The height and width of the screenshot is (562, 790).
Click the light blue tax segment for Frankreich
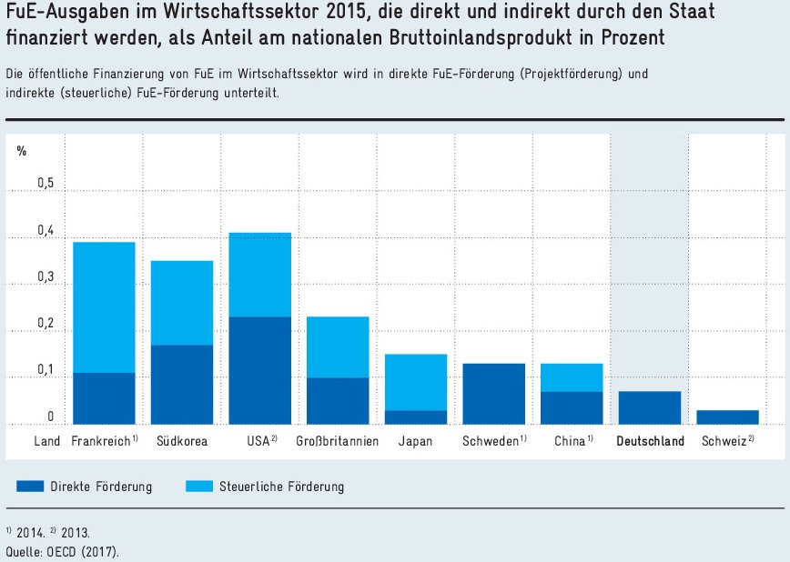[104, 307]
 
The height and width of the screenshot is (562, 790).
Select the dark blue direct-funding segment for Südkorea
[182, 384]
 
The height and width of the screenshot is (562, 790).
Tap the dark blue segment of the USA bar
[260, 370]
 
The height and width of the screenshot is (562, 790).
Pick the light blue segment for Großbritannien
[338, 346]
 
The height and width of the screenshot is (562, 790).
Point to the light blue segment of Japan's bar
[416, 382]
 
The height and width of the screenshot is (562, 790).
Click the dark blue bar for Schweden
[494, 393]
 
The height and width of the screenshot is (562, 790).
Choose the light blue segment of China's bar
[572, 377]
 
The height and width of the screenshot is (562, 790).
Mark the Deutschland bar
[650, 407]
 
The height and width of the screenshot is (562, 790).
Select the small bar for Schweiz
[728, 416]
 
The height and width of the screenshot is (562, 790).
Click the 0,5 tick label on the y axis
[46, 184]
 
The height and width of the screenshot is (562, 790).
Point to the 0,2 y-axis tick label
[46, 325]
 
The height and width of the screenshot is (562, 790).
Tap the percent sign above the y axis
[22, 151]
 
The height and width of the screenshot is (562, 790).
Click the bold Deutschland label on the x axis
[650, 442]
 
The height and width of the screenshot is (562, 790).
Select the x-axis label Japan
[416, 442]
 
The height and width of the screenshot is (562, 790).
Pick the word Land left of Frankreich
[46, 442]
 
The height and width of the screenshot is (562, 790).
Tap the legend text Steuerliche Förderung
[281, 487]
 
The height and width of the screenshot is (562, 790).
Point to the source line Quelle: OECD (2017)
[62, 551]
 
